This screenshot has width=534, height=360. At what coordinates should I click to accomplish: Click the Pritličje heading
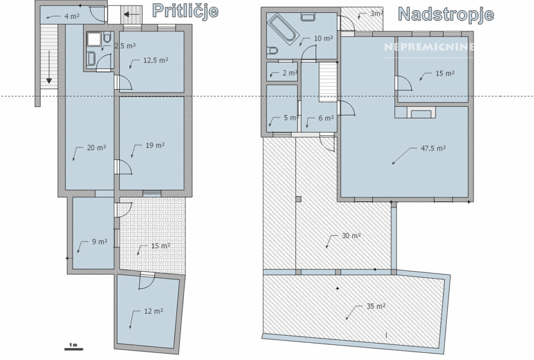[x=185, y=11]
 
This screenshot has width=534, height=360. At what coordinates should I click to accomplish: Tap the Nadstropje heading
[x=446, y=15]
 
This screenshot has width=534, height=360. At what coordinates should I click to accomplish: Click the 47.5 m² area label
[x=433, y=148]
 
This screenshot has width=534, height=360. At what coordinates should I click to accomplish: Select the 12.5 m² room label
[x=156, y=60]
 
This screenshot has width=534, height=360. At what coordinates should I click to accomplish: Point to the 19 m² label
[x=155, y=145]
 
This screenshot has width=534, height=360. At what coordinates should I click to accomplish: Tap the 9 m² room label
[x=100, y=241]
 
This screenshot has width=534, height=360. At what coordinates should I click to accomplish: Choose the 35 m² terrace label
[x=376, y=306]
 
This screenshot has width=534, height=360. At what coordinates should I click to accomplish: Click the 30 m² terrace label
[x=351, y=236]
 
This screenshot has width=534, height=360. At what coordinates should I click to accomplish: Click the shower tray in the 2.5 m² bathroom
[x=93, y=39]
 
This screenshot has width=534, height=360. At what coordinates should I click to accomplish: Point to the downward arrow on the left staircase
[x=49, y=67]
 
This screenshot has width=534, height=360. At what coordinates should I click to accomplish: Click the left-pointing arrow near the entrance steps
[x=132, y=15]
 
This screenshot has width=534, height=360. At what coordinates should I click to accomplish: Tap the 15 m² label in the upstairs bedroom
[x=445, y=73]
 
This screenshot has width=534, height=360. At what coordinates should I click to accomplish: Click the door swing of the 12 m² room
[x=147, y=282]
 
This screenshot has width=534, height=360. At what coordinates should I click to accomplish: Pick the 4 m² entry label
[x=72, y=16]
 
